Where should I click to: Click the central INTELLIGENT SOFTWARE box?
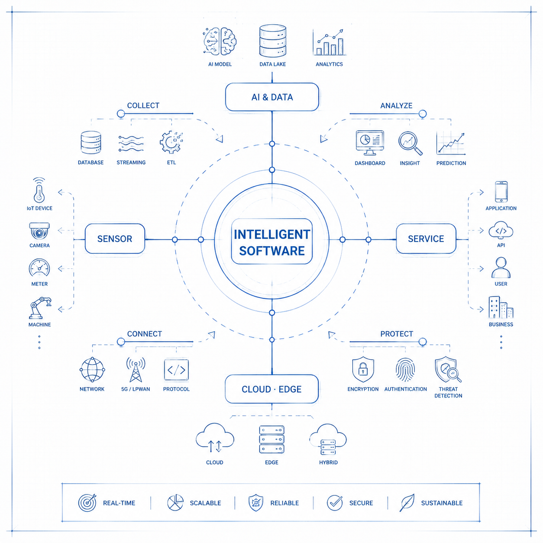pyautogui.click(x=271, y=242)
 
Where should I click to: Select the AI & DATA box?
pyautogui.click(x=272, y=97)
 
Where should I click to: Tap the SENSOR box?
pyautogui.click(x=115, y=239)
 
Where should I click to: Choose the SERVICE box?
pyautogui.click(x=426, y=239)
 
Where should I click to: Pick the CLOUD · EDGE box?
pyautogui.click(x=271, y=389)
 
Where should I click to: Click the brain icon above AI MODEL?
pyautogui.click(x=220, y=42)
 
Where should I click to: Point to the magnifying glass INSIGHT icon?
pyautogui.click(x=410, y=143)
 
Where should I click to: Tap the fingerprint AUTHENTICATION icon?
pyautogui.click(x=405, y=370)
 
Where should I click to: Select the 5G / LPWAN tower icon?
pyautogui.click(x=136, y=369)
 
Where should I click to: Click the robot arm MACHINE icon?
pyautogui.click(x=40, y=308)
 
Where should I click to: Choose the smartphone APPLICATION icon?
pyautogui.click(x=501, y=192)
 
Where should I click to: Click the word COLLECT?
pyautogui.click(x=143, y=105)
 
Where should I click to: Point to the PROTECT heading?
pyautogui.click(x=397, y=334)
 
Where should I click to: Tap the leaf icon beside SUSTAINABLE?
pyautogui.click(x=407, y=502)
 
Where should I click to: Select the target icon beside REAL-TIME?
pyautogui.click(x=87, y=502)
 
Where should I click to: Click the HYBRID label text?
pyautogui.click(x=328, y=462)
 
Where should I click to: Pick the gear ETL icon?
pyautogui.click(x=171, y=142)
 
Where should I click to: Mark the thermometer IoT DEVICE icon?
pyautogui.click(x=39, y=190)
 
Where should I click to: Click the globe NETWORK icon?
pyautogui.click(x=92, y=370)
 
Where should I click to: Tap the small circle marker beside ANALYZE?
pyautogui.click(x=422, y=114)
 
